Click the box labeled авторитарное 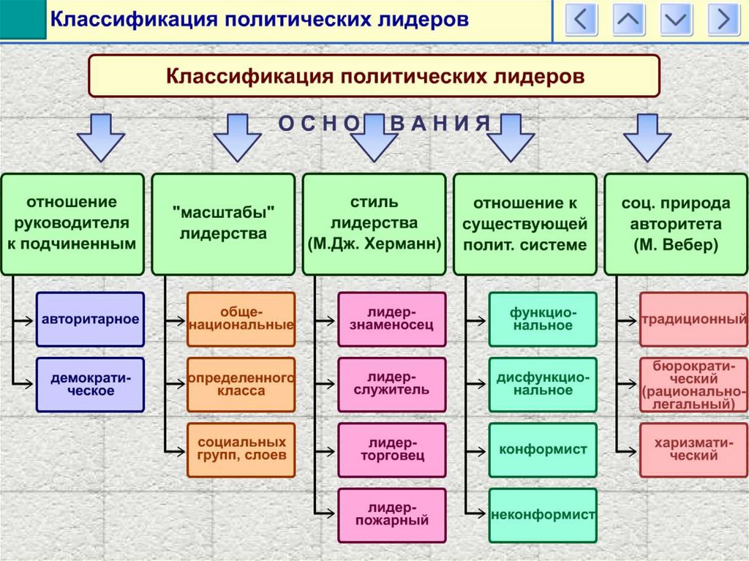[x=91, y=320]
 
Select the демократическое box [x=91, y=385]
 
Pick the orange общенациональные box [x=241, y=320]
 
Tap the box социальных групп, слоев [x=241, y=449]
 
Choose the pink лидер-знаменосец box [x=392, y=320]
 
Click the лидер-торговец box [x=392, y=449]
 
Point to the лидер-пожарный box [x=392, y=514]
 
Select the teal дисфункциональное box [x=543, y=385]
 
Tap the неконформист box [x=543, y=514]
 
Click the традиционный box [x=693, y=320]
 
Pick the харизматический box [x=693, y=449]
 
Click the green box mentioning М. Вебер [x=676, y=224]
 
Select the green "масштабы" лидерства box [x=223, y=224]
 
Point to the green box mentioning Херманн [x=374, y=224]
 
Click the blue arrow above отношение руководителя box [x=101, y=137]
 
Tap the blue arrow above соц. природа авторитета [x=647, y=137]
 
